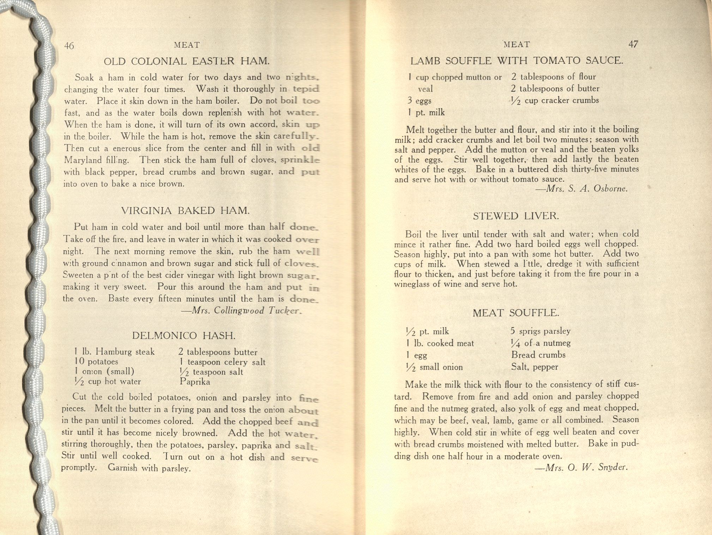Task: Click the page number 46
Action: [69, 46]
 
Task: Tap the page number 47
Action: [633, 44]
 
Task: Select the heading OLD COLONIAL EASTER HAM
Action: [187, 61]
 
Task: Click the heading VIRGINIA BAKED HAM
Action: [185, 211]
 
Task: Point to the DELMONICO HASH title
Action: [183, 335]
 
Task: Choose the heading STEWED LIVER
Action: [516, 216]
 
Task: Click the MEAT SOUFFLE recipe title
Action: [515, 313]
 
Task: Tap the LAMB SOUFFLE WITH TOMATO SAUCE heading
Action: [517, 61]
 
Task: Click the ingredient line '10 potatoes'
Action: [96, 362]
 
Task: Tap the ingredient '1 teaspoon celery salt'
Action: [222, 362]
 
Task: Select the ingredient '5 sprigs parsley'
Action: [540, 331]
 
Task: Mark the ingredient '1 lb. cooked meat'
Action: [440, 343]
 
